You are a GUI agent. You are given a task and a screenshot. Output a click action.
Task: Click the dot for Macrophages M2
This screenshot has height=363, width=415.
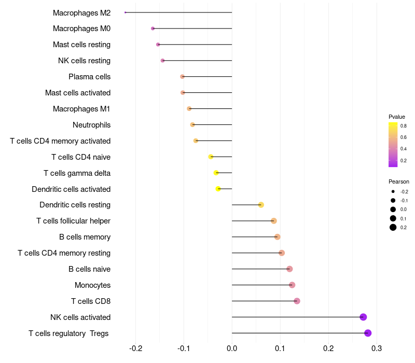(x=126, y=12)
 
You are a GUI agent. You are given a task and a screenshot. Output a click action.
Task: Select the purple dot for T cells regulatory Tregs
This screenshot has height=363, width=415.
(x=368, y=333)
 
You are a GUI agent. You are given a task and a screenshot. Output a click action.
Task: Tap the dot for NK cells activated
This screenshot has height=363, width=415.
(x=363, y=317)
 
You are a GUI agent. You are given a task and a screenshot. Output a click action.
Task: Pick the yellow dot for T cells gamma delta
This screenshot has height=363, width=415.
(x=216, y=173)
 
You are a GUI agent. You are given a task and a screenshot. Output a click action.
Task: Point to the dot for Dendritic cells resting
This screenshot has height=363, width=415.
(x=261, y=205)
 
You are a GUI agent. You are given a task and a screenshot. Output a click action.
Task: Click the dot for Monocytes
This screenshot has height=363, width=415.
(x=292, y=285)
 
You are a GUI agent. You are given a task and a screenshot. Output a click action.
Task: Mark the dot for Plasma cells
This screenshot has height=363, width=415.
(x=182, y=77)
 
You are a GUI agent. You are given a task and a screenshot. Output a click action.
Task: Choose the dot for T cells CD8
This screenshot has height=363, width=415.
(x=297, y=301)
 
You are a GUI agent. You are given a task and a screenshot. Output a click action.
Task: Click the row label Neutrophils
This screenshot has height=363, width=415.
(x=91, y=125)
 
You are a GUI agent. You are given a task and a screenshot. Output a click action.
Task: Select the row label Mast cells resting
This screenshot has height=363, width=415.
(x=81, y=45)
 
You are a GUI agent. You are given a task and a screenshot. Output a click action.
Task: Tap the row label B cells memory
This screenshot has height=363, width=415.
(x=85, y=237)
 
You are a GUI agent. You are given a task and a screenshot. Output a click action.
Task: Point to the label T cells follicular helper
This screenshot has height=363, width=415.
(x=73, y=221)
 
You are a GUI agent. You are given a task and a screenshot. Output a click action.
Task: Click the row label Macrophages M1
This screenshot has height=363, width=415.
(x=81, y=109)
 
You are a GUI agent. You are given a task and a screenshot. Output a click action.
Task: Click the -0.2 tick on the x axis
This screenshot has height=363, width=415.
(x=135, y=347)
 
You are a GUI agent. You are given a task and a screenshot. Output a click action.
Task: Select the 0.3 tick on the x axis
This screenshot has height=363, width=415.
(x=377, y=347)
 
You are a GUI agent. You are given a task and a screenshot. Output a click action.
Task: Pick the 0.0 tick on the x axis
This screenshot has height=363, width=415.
(x=232, y=347)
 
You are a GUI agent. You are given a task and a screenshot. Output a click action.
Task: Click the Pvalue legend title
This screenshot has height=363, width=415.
(x=397, y=117)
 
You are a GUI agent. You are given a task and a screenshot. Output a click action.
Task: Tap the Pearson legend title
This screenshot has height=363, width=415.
(x=398, y=181)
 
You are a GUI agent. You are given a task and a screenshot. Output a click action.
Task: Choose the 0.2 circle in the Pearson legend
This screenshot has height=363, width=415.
(x=393, y=227)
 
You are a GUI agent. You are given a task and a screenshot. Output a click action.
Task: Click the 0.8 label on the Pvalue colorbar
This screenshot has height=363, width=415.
(x=403, y=125)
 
